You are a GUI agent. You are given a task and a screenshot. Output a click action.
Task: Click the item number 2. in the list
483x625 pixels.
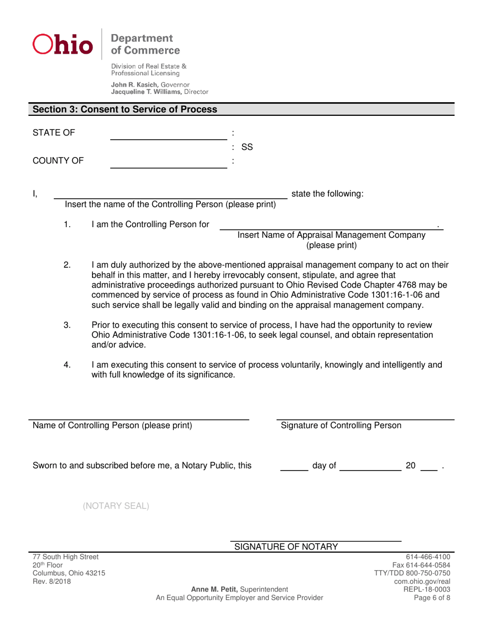coord(68,265)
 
